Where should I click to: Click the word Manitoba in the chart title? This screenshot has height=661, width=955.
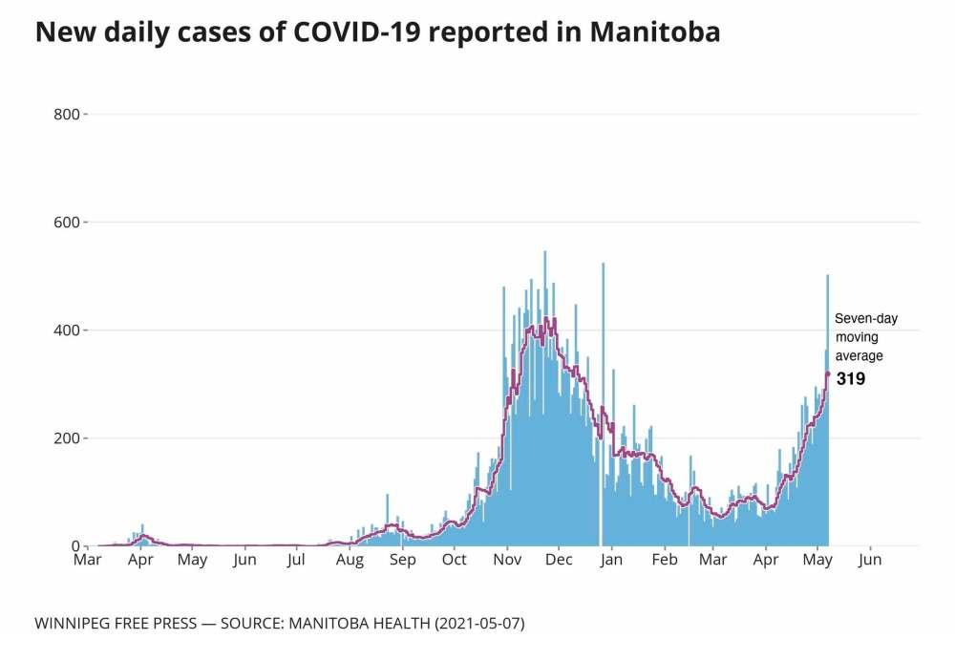point(654,33)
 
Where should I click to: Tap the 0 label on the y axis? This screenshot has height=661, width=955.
point(76,546)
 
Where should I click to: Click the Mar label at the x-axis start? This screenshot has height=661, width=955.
point(88,561)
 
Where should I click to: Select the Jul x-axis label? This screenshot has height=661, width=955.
point(296,561)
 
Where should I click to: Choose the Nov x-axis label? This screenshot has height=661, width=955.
point(507,561)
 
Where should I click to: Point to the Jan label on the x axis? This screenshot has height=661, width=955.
point(611,561)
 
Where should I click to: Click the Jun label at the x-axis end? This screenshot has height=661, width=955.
point(870,561)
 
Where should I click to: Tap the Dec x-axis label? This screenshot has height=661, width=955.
point(559,561)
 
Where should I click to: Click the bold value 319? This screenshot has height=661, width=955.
point(851,379)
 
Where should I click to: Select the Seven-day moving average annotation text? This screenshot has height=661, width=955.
point(866,337)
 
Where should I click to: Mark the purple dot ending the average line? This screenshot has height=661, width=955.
point(828,373)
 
